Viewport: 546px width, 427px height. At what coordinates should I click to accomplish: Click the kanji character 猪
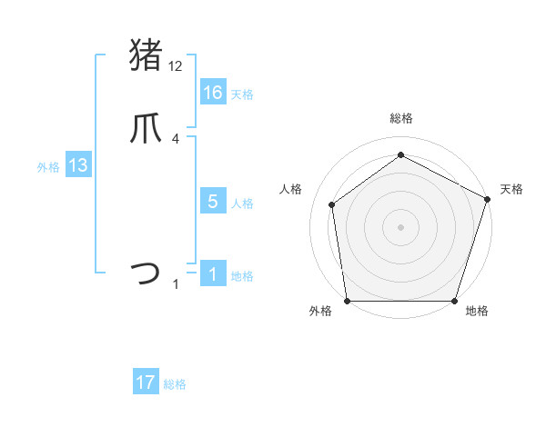click(x=147, y=55)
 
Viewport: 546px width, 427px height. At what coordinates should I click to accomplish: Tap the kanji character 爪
click(x=147, y=130)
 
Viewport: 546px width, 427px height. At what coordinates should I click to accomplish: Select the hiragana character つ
click(x=147, y=273)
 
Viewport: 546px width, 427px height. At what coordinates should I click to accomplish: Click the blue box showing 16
click(x=213, y=93)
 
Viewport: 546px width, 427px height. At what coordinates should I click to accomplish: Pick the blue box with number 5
click(x=213, y=202)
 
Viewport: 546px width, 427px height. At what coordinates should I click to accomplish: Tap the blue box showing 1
click(x=213, y=275)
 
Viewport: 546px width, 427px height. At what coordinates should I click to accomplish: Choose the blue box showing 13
click(x=78, y=165)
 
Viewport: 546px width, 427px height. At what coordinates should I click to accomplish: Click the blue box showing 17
click(x=146, y=382)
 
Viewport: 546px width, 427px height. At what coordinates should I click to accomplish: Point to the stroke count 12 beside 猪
click(x=176, y=66)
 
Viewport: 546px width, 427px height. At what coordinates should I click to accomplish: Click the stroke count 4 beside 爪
click(x=176, y=139)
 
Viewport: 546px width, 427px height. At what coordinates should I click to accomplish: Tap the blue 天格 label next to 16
click(x=242, y=94)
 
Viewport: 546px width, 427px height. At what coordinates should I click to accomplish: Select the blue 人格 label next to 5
click(x=242, y=204)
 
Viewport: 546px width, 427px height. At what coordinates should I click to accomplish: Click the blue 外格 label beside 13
click(x=48, y=167)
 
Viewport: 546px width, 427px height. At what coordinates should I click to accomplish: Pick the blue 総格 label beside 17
click(x=175, y=384)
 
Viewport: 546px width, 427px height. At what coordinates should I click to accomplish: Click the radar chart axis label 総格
click(x=400, y=118)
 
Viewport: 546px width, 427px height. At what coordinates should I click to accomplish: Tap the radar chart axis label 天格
click(x=511, y=189)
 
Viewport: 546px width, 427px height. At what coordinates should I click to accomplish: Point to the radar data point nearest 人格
click(x=332, y=204)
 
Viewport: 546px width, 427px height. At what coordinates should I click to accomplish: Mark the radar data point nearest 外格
click(x=347, y=301)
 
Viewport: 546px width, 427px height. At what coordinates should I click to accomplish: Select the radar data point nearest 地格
click(x=454, y=301)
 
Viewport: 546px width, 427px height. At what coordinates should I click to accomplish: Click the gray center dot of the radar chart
click(x=400, y=226)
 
